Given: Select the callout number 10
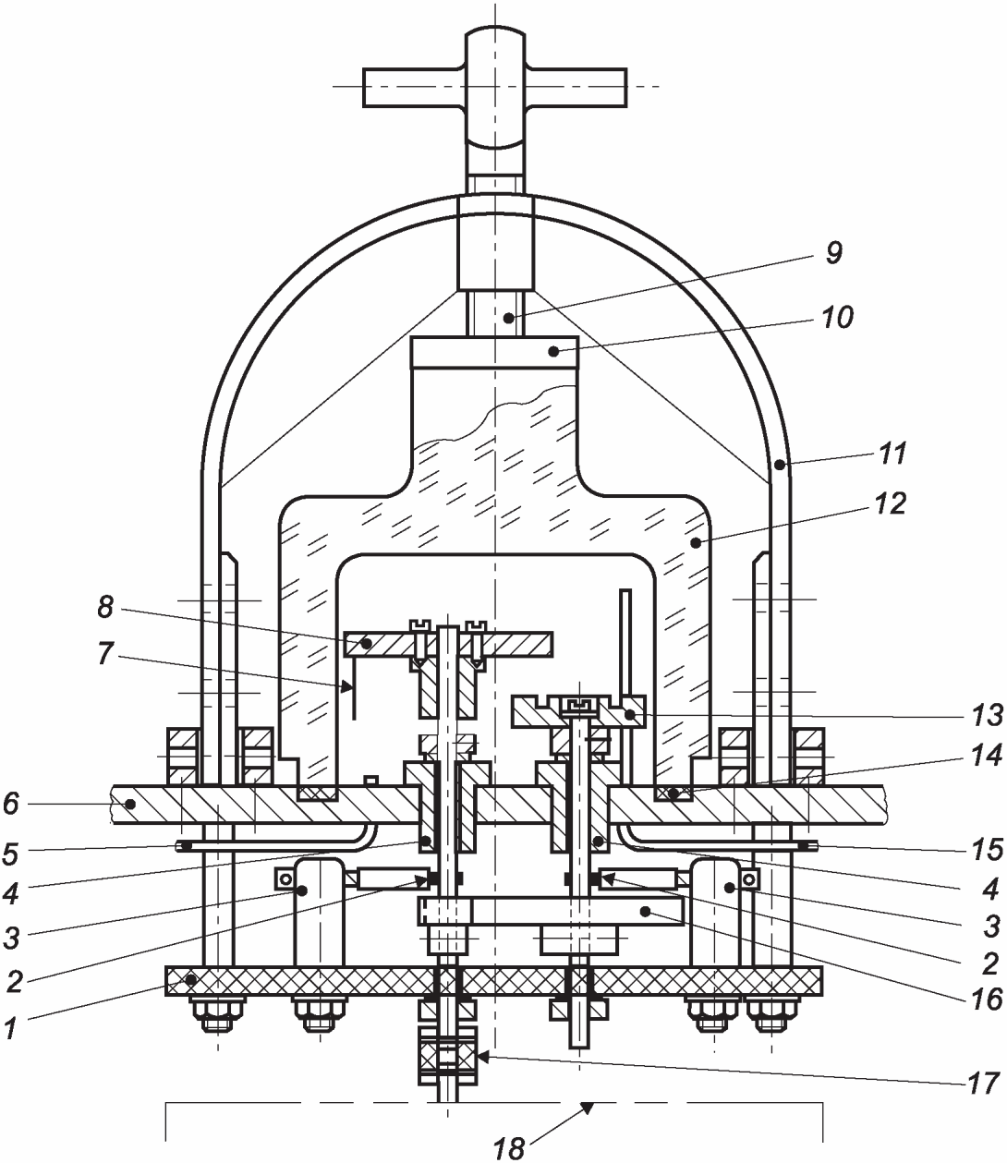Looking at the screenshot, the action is [x=837, y=318].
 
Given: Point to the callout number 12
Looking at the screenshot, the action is [x=890, y=503].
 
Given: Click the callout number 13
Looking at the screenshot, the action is [x=987, y=715].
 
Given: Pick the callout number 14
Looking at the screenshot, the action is [x=986, y=755].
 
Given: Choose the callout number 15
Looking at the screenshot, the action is [x=987, y=850].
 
